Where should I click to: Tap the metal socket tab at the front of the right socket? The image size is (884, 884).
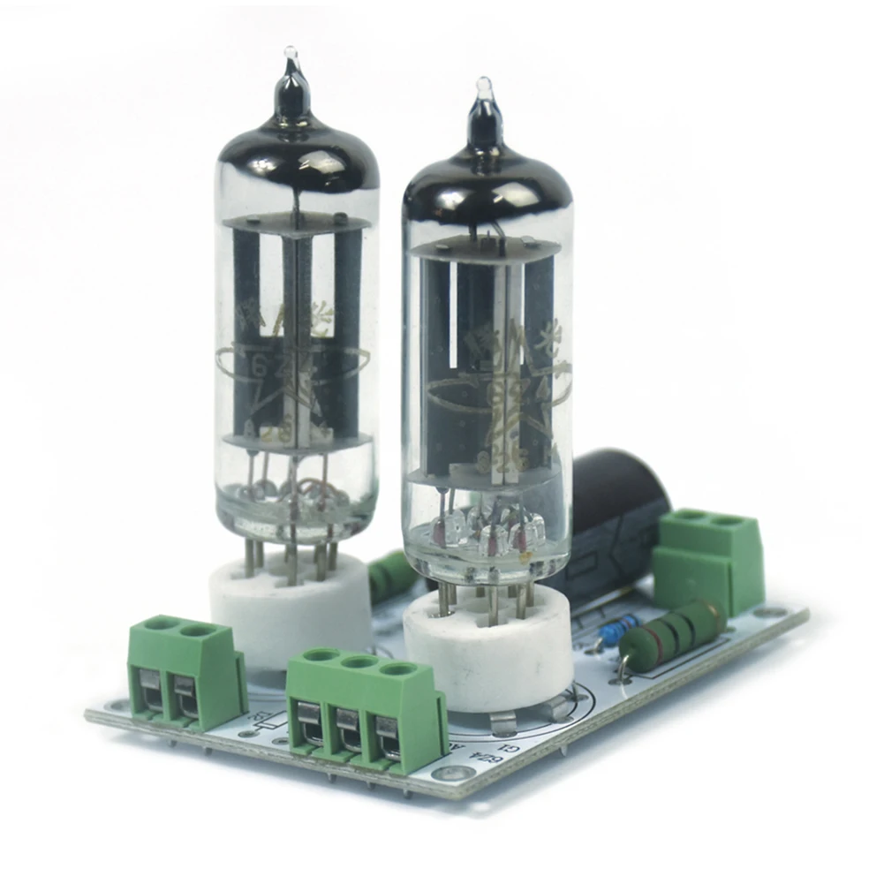503,724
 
